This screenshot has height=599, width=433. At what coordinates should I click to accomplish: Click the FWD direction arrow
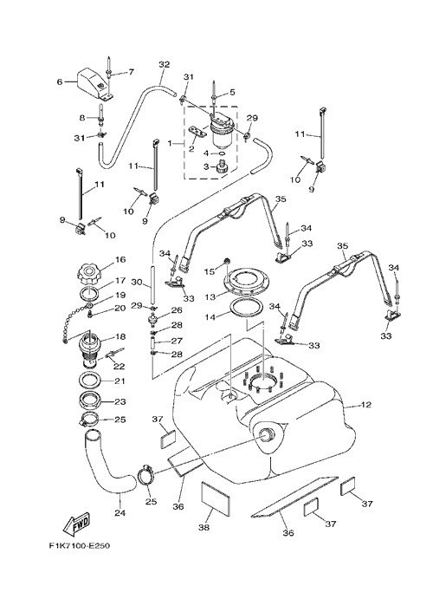[76, 524]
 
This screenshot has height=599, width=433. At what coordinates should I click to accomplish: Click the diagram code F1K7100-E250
[80, 545]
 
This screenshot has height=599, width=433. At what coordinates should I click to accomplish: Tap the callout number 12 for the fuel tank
[365, 404]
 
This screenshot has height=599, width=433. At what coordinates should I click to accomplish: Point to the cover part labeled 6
[91, 81]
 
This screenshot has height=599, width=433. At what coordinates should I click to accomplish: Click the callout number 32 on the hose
[164, 64]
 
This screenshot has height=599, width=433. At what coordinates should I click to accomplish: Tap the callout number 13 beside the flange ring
[210, 296]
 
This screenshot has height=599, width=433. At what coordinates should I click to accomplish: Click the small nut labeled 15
[227, 261]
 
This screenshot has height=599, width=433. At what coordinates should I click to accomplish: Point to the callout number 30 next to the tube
[137, 282]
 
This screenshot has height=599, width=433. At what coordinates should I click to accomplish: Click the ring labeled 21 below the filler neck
[91, 381]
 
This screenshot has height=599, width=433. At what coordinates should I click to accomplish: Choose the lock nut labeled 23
[91, 401]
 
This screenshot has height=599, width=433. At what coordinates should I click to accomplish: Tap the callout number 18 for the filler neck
[120, 336]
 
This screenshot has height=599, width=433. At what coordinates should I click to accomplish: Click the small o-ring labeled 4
[221, 153]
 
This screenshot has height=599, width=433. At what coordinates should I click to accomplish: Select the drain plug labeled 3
[220, 167]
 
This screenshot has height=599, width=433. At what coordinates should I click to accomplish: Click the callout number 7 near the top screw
[132, 71]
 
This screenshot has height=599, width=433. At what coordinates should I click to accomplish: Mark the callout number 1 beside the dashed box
[170, 143]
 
